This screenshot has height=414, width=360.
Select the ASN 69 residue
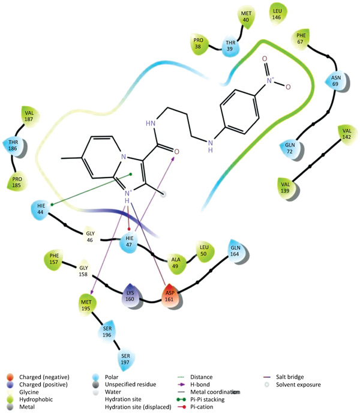[335, 80]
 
